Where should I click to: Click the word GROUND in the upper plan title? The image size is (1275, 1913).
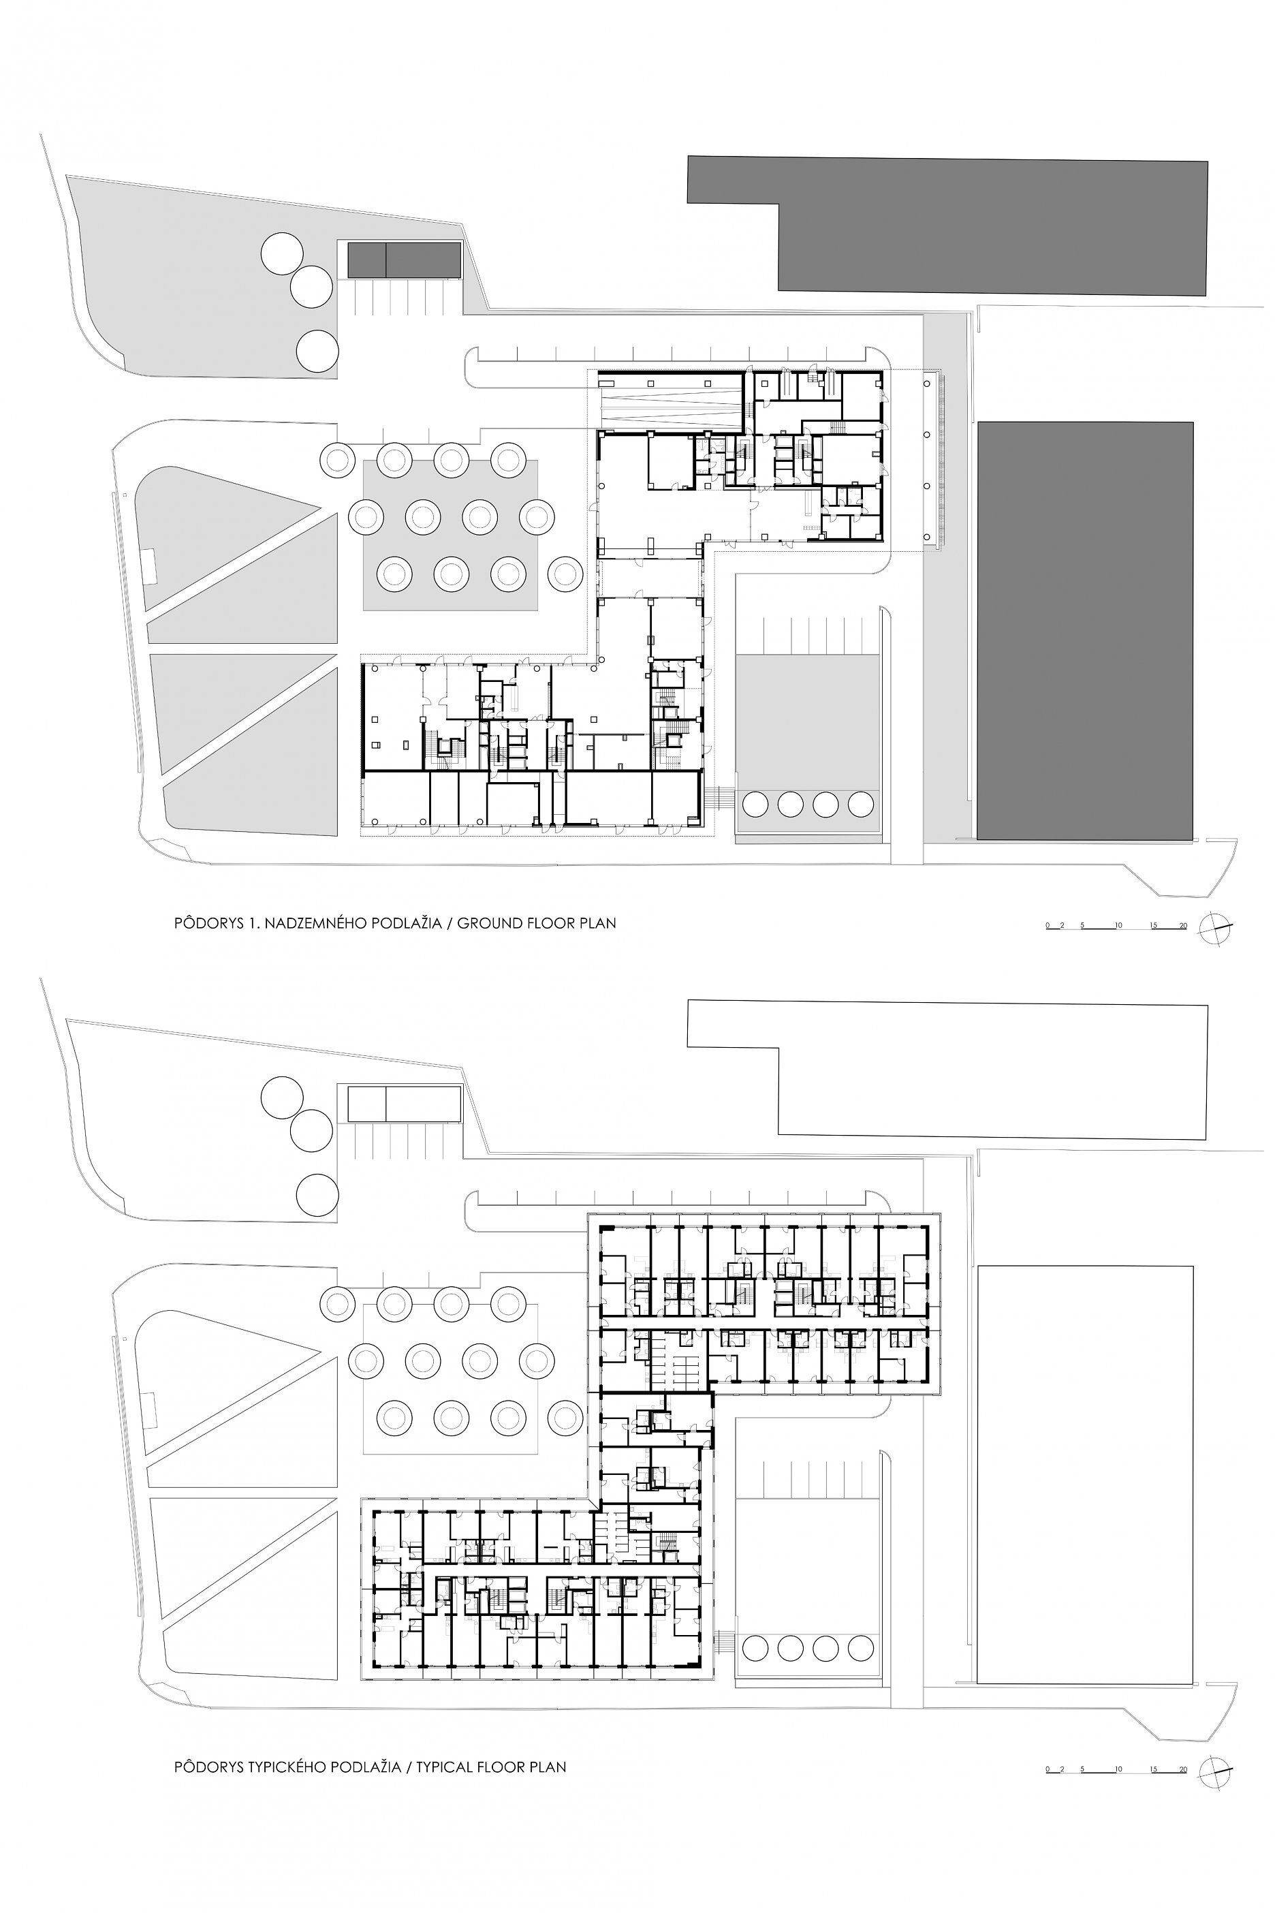(490, 923)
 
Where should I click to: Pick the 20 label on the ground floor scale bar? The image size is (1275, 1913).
(1182, 924)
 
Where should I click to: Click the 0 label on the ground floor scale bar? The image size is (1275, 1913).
(1049, 924)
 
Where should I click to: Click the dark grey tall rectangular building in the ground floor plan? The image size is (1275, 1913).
(1085, 630)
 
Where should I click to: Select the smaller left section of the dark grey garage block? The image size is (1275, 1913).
(366, 260)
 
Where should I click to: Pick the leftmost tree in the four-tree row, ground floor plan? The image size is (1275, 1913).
(755, 805)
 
